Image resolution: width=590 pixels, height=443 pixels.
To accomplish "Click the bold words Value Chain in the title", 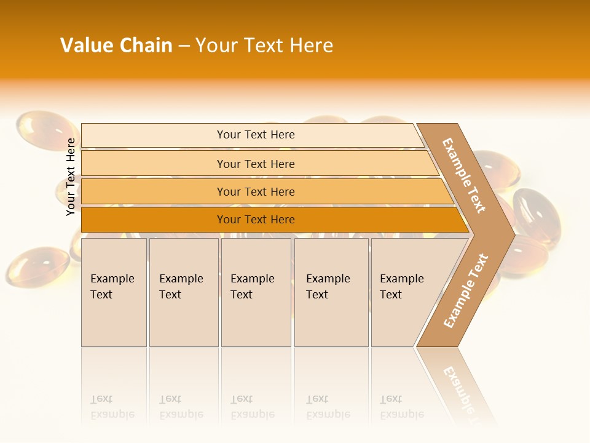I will pos(116,46).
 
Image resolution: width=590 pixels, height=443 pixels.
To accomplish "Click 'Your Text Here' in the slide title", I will pos(264,46).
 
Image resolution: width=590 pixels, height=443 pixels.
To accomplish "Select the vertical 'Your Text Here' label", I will pos(71,177).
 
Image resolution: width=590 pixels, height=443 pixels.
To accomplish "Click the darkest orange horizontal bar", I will pos(154,220).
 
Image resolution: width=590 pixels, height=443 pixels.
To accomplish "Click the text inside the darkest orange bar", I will pos(256,220).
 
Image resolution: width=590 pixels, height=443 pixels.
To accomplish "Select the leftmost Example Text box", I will pos(114,292).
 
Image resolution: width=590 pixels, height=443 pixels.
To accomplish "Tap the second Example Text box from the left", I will pos(183,292).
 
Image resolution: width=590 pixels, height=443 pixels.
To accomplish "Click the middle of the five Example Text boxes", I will pos(256,292).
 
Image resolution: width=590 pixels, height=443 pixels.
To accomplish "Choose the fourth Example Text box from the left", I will pos(331,292).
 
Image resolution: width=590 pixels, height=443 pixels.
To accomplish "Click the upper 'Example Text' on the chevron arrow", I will pos(464,175).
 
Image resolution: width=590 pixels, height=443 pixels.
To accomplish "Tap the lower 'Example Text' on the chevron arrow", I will pos(465,291).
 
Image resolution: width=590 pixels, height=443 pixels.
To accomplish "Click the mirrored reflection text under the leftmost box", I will pos(112,407).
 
